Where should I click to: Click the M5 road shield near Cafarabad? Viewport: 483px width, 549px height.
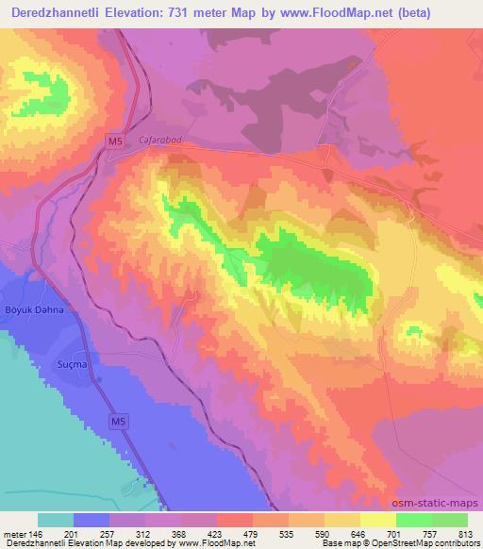[x=113, y=141]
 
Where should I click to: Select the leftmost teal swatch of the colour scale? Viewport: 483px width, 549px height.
[x=56, y=520]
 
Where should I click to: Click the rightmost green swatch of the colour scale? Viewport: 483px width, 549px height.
[x=450, y=520]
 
